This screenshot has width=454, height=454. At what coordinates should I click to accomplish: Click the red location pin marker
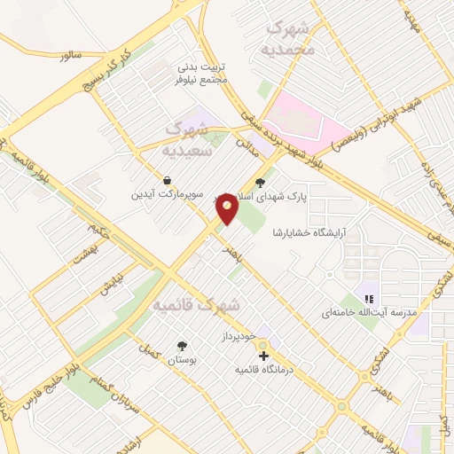228,208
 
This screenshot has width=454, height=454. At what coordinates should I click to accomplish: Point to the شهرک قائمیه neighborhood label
196,304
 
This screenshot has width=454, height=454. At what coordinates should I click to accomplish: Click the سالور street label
70,55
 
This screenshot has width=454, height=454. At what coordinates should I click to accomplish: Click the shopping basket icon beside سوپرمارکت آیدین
168,179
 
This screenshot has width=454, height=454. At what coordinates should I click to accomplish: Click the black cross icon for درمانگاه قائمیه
262,356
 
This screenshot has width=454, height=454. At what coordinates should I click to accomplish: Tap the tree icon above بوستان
183,346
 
